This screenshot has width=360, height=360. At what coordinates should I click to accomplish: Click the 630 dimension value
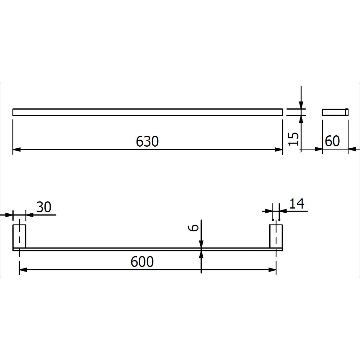point(147,141)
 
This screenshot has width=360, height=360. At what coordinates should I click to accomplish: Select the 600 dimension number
point(142,262)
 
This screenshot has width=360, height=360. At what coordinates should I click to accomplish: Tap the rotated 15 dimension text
point(295,139)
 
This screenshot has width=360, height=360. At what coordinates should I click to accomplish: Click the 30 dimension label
point(44,207)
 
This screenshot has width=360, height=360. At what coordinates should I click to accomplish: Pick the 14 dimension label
point(297,204)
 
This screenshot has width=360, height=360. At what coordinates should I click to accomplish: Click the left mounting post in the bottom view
point(20,236)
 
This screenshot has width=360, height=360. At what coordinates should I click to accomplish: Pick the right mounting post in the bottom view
point(276,236)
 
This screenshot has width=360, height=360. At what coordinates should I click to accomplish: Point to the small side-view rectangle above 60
point(335,112)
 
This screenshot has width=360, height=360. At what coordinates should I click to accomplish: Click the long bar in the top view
point(147,112)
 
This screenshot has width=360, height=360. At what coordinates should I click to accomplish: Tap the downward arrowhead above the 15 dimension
point(301,104)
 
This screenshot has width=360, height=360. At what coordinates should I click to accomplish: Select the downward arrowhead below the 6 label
point(201,244)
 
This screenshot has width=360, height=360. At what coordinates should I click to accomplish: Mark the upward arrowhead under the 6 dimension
point(201,255)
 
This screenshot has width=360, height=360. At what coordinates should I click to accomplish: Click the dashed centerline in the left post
point(20,236)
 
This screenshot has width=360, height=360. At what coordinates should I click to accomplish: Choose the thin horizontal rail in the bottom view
point(147,249)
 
